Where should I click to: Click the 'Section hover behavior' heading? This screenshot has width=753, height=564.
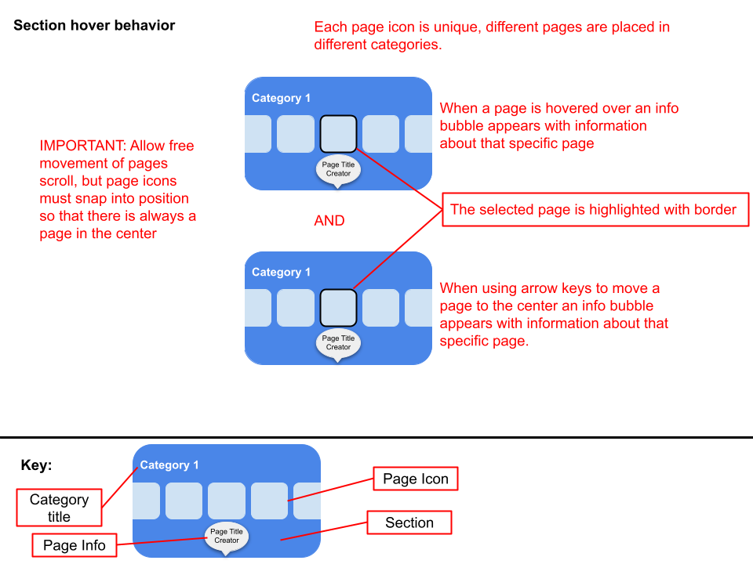point(94,25)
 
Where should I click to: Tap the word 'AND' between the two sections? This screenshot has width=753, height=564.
point(329,221)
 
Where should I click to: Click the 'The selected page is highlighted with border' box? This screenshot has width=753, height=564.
point(594,209)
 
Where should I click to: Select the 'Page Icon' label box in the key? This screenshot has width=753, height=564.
point(416,479)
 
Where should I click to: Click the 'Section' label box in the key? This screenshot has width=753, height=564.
point(409,522)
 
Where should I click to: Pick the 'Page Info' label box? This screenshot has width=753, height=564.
point(75,545)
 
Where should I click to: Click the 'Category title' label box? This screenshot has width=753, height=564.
point(59,508)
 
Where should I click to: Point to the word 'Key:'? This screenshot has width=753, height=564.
point(36,465)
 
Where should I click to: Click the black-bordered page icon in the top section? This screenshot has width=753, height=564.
point(339,134)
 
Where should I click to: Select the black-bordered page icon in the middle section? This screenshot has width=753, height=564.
point(339,308)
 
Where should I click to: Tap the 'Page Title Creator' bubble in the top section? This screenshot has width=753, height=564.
point(339,169)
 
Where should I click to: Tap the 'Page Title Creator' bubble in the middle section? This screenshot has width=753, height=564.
point(339,342)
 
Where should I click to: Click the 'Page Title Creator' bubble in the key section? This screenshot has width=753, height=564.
point(227,536)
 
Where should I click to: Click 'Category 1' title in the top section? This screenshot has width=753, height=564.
point(282,98)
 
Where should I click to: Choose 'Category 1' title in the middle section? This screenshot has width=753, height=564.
point(282,272)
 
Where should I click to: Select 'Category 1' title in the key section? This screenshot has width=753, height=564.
point(169,465)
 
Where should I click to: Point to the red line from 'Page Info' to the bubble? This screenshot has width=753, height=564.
point(161,540)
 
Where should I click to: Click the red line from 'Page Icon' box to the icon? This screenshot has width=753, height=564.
point(330,489)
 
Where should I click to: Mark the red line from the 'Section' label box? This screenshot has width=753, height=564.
point(323,532)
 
